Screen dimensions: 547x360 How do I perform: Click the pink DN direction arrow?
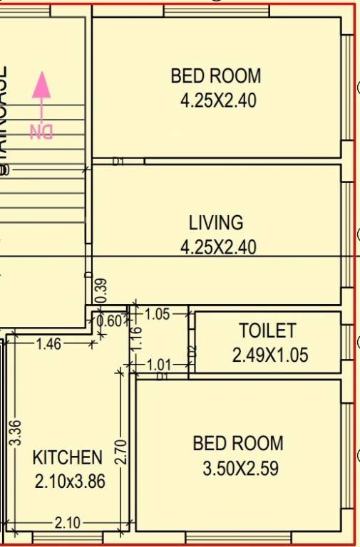42,93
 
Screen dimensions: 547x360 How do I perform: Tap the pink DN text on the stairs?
41,132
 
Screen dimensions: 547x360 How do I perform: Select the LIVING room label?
216,223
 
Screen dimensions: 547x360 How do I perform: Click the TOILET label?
267,331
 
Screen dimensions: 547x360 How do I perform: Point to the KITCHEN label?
68,458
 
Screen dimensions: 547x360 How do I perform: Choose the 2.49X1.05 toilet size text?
270,355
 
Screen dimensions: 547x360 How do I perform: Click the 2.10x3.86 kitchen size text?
70,482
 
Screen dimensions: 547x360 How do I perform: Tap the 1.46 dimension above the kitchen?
48,344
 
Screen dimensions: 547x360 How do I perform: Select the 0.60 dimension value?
110,321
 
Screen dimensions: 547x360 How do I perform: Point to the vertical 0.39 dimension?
101,291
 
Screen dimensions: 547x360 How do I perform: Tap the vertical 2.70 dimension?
121,452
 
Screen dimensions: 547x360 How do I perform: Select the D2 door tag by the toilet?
191,351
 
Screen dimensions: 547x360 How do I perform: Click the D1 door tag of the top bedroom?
118,162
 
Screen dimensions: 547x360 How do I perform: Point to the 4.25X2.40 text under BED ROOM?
217,100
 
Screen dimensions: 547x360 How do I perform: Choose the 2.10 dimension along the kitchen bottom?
67,523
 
